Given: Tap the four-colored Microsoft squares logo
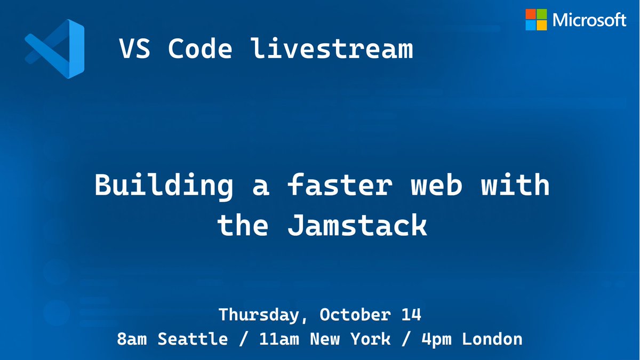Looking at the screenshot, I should (536, 20).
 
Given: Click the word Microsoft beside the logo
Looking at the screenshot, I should (589, 20).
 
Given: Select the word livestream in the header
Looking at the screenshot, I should (332, 50).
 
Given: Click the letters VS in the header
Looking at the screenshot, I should (134, 50).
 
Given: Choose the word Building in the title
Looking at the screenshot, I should (164, 186).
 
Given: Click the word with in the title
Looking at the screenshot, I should (515, 186).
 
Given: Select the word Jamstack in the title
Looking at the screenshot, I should (357, 226).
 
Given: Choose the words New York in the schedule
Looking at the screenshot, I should (342, 339).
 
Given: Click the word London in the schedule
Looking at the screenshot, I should (492, 339).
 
